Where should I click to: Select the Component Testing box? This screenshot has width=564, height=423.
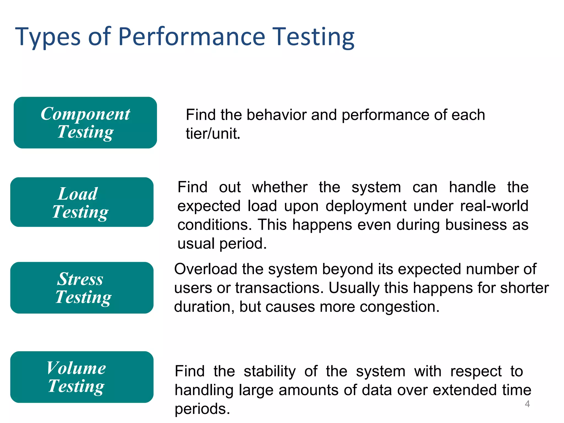coord(85,123)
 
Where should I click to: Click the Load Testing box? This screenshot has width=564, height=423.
coord(82,202)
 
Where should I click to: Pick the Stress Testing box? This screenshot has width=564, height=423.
coord(82,288)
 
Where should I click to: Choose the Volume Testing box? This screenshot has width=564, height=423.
coord(82,377)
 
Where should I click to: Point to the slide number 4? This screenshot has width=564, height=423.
coord(527,404)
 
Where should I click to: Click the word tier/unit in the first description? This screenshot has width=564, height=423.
coord(213,134)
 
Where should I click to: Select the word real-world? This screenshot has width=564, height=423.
coord(494,206)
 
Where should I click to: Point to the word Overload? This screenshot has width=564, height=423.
coord(205,269)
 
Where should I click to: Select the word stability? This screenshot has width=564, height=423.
coord(270,371)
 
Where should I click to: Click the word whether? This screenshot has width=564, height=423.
coord(280,187)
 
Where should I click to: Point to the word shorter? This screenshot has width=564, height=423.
coord(524,288)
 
